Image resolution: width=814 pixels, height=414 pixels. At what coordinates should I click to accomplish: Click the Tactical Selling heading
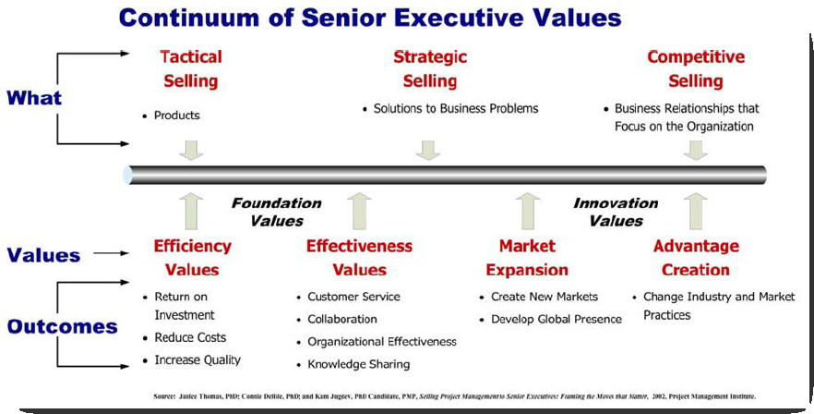(x=190, y=68)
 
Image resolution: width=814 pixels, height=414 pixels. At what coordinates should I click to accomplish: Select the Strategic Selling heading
(x=430, y=68)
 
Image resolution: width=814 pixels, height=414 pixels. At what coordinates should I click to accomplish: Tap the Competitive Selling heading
(x=696, y=68)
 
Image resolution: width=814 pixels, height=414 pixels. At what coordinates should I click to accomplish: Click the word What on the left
(x=34, y=98)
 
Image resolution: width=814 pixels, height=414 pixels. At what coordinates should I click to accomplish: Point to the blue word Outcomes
(x=63, y=326)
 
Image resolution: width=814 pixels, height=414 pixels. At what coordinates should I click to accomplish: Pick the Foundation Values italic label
(x=276, y=212)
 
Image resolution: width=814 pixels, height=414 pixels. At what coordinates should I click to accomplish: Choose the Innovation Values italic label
(x=616, y=212)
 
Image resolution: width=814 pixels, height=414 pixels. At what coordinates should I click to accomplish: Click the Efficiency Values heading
(x=193, y=258)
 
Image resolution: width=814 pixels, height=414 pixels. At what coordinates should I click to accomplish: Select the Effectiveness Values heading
(x=359, y=258)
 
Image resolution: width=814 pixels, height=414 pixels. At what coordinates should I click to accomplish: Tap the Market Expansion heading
(x=527, y=258)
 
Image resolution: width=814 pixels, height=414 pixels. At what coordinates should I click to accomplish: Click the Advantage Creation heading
(x=696, y=258)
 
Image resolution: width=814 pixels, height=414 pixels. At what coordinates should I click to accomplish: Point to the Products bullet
(x=176, y=116)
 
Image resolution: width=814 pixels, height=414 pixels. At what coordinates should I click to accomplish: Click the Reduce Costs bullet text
(x=190, y=337)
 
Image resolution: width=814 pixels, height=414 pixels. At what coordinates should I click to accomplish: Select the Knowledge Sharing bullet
(x=358, y=364)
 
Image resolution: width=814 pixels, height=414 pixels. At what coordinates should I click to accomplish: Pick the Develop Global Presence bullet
(x=556, y=319)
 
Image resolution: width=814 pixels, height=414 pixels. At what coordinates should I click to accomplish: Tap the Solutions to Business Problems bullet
(x=456, y=108)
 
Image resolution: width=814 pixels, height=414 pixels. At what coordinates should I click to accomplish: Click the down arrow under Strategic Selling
(x=428, y=150)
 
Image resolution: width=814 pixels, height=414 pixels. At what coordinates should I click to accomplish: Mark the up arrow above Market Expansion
(x=528, y=212)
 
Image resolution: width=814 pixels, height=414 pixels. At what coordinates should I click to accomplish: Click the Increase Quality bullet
(x=198, y=359)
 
